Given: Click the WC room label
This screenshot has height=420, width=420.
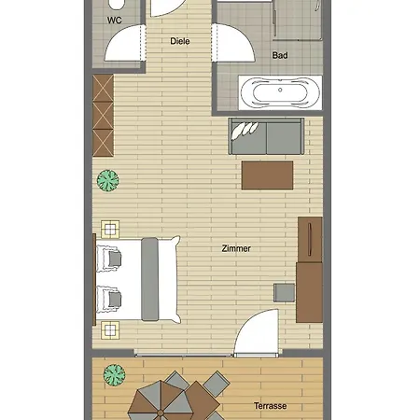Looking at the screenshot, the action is pyautogui.click(x=114, y=21).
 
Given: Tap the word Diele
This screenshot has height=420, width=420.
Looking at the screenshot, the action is pyautogui.click(x=180, y=41).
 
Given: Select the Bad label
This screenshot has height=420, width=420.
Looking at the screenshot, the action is pyautogui.click(x=280, y=55).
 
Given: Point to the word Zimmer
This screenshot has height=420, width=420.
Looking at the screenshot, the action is pyautogui.click(x=236, y=248).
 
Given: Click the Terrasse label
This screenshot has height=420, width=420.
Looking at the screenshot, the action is pyautogui.click(x=270, y=406).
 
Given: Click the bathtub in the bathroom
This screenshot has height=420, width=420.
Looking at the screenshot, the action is pyautogui.click(x=280, y=92).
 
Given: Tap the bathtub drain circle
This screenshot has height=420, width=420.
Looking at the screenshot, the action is pyautogui.click(x=280, y=90).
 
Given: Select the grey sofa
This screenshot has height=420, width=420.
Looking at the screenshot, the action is pyautogui.click(x=266, y=136).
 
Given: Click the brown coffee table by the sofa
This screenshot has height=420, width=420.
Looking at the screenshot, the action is pyautogui.click(x=267, y=175).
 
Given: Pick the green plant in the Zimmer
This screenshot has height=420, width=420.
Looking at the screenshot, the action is pyautogui.click(x=108, y=180).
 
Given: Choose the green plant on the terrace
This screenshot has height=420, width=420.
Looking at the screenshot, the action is pyautogui.click(x=115, y=375).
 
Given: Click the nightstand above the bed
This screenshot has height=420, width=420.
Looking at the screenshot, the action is pyautogui.click(x=110, y=230).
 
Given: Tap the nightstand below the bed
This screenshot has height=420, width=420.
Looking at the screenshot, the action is pyautogui.click(x=110, y=330).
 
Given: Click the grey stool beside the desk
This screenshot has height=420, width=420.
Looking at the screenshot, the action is pyautogui.click(x=284, y=292).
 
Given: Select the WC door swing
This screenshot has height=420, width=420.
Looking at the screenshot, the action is pyautogui.click(x=124, y=43).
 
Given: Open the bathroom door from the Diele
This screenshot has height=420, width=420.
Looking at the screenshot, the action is pyautogui.click(x=234, y=43).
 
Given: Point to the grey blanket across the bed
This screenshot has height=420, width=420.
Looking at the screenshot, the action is pyautogui.click(x=149, y=279).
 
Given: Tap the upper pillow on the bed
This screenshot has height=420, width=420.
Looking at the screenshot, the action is pyautogui.click(x=109, y=259).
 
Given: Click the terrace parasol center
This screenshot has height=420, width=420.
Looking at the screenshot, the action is pyautogui.click(x=161, y=413).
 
